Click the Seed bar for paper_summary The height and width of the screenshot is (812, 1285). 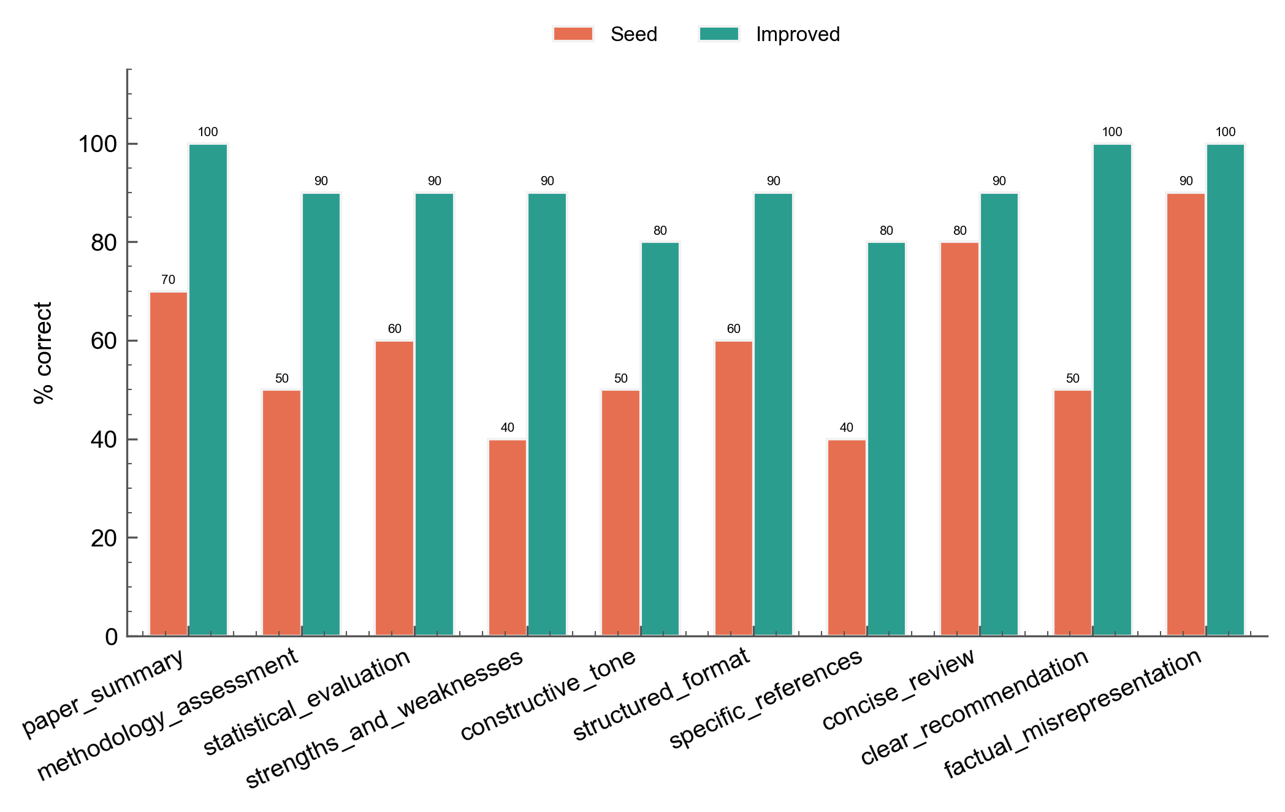169,464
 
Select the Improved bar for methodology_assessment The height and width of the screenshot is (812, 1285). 321,415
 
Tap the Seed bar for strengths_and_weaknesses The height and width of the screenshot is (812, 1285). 508,537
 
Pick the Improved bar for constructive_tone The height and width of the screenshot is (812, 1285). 660,439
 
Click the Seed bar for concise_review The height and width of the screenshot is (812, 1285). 959,439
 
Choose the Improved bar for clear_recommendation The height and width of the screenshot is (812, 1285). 1112,390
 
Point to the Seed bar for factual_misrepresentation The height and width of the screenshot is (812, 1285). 1186,415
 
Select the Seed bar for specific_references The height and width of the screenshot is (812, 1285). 847,537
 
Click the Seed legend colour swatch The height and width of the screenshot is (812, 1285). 573,34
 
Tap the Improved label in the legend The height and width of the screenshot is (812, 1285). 798,34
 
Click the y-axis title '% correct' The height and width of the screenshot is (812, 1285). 44,353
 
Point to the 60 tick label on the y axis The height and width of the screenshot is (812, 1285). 104,341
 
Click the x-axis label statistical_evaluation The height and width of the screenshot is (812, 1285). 307,702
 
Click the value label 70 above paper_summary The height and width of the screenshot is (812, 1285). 168,280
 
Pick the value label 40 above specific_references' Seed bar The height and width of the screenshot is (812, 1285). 846,427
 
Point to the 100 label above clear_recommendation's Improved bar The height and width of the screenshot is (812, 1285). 1112,132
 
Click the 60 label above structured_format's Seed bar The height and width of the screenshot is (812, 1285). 734,329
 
